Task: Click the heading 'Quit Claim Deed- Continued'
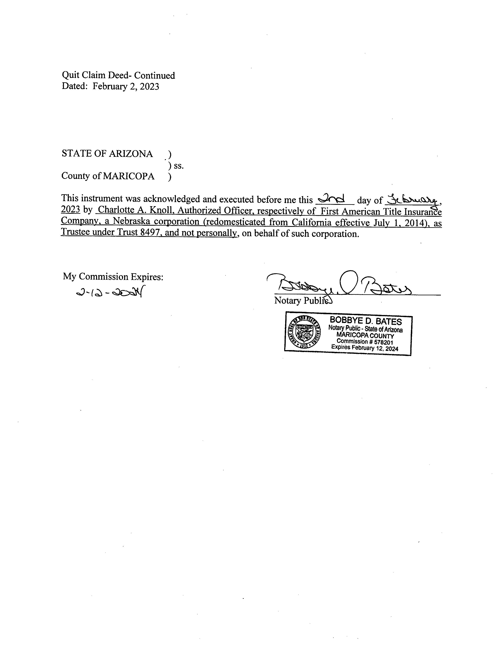coord(118,75)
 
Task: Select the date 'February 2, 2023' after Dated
coord(126,86)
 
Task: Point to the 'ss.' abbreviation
coord(179,166)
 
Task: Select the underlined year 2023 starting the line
coord(70,209)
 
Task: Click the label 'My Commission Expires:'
coord(113,277)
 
